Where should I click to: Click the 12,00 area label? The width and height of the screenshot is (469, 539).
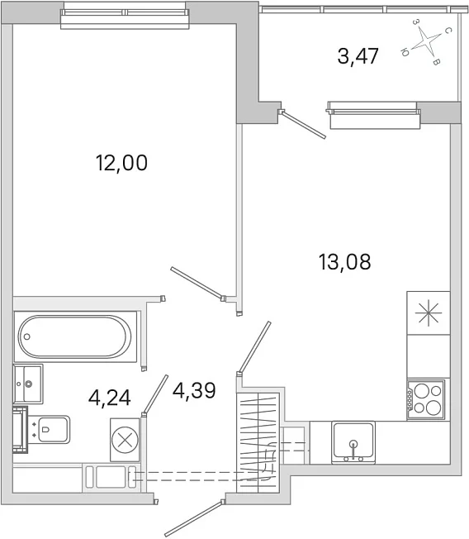point(122,163)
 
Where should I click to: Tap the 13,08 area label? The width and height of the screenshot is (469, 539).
point(344,262)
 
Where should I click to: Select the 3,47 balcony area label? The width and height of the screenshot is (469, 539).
point(358,56)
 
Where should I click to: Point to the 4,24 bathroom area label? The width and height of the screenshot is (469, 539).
point(110,398)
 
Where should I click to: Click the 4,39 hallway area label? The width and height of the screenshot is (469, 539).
point(194,390)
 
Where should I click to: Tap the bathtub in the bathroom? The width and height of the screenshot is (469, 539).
point(74,337)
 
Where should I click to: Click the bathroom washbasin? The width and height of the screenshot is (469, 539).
point(28,384)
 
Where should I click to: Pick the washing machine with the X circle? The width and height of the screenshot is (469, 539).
point(125,440)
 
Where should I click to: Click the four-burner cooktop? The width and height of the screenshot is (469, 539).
point(426,400)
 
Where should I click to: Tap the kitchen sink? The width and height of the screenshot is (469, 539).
point(353,443)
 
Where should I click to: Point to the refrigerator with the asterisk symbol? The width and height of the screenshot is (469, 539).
point(429,312)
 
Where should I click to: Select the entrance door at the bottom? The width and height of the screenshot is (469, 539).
point(195,518)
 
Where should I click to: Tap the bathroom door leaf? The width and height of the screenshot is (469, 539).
point(155,395)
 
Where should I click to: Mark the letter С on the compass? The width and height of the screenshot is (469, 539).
point(448,31)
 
